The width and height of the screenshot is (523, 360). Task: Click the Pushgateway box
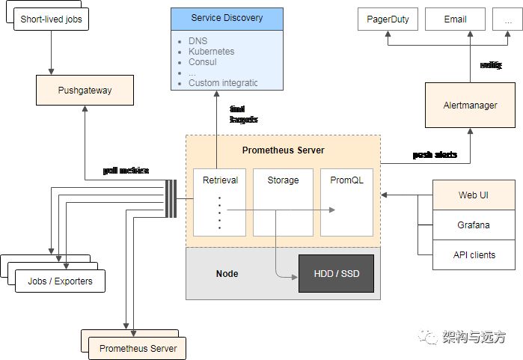[x=85, y=91]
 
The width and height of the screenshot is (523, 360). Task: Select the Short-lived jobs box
[x=51, y=18]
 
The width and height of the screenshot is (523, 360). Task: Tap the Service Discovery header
[x=227, y=18]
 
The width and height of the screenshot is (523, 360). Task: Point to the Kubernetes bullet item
[x=211, y=52]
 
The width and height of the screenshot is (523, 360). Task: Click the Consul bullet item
[x=204, y=62]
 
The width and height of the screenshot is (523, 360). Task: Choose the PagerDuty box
[x=388, y=19]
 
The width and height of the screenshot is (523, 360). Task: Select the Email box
[x=455, y=19]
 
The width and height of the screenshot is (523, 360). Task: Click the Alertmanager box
[x=470, y=106]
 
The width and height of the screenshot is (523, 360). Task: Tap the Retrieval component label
[x=220, y=180]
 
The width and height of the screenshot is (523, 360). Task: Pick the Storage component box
[x=283, y=202]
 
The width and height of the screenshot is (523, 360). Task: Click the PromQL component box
[x=346, y=202]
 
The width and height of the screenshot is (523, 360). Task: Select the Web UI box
[x=474, y=195]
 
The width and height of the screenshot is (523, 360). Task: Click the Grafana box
[x=474, y=225]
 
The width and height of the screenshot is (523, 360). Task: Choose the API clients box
[x=474, y=254]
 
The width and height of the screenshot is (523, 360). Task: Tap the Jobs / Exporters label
[x=60, y=281]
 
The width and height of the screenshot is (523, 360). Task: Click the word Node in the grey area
[x=227, y=273]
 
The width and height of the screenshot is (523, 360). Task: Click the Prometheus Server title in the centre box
[x=283, y=150]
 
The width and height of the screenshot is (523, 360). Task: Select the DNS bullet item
[x=199, y=41]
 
